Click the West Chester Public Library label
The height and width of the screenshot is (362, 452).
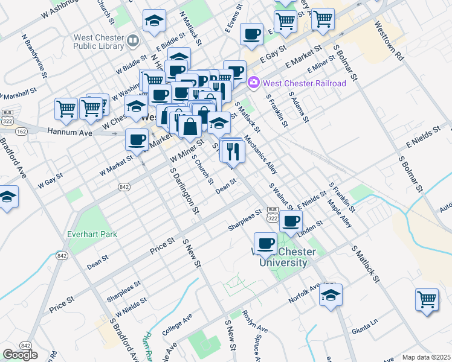pos(98,41)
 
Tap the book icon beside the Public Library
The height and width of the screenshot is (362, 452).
pos(132,41)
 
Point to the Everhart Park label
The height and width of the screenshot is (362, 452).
pos(92,233)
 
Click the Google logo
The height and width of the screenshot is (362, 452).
pos(20,355)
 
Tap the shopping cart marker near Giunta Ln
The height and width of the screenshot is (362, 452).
pos(427,300)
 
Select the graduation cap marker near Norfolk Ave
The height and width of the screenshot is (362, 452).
pos(331,295)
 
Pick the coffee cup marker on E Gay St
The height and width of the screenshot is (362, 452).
pos(251,34)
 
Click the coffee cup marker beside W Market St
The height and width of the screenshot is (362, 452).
pos(137,139)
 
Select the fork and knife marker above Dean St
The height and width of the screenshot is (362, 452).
pos(233,152)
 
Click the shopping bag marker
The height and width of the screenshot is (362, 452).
pos(190,127)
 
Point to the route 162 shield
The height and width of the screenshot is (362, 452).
pos(22,131)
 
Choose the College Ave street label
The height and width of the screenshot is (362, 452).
pos(176,325)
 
